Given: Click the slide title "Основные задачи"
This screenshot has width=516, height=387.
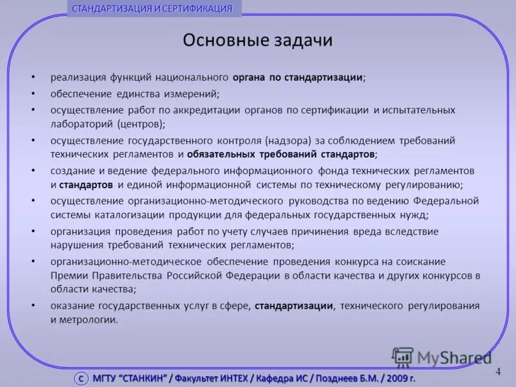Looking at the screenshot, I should [257, 41].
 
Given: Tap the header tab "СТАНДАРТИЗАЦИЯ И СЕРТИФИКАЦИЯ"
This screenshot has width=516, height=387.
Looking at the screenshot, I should [152, 8].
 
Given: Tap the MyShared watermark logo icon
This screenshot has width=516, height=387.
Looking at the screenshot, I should [402, 357].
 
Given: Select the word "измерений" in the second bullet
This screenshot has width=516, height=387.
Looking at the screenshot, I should [193, 94].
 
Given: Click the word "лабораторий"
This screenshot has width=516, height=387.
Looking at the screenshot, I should [82, 123].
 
